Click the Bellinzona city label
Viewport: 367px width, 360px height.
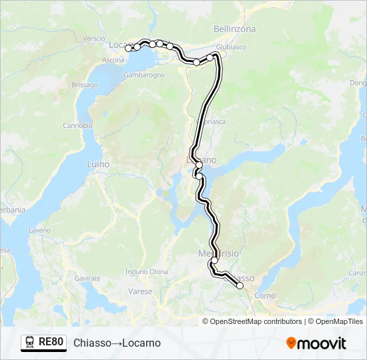pyautogui.click(x=234, y=29)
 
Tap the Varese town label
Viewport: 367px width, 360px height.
pyautogui.click(x=140, y=292)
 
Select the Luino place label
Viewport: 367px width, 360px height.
pyautogui.click(x=97, y=164)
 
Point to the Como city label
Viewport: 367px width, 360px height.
pyautogui.click(x=265, y=295)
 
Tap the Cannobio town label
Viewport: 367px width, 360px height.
pyautogui.click(x=77, y=125)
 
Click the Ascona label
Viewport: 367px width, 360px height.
pyautogui.click(x=113, y=61)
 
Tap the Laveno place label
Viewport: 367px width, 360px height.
pyautogui.click(x=39, y=230)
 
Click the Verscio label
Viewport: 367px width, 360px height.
pyautogui.click(x=95, y=39)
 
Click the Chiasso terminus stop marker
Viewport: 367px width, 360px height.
pyautogui.click(x=240, y=286)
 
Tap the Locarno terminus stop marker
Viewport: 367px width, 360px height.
pyautogui.click(x=128, y=48)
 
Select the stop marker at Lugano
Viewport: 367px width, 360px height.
pyautogui.click(x=199, y=164)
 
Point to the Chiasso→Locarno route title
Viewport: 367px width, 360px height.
pyautogui.click(x=117, y=343)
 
